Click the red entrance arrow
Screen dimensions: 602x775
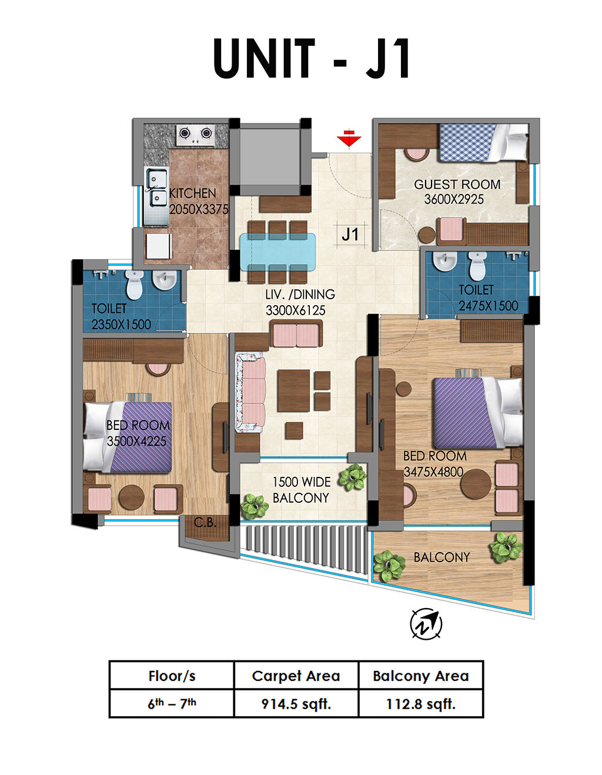click(349, 139)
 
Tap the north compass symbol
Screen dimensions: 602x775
click(426, 624)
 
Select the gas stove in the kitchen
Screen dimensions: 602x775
click(195, 135)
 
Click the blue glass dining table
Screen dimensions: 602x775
click(277, 252)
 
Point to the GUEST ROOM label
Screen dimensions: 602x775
click(457, 185)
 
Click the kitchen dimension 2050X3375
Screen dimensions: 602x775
click(199, 209)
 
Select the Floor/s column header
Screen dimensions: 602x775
click(172, 676)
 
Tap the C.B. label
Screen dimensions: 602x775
click(205, 523)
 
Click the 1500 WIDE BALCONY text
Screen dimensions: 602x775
click(302, 490)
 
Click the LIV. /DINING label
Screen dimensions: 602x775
click(300, 294)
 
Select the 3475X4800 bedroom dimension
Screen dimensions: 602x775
click(433, 472)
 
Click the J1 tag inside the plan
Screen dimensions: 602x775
click(350, 235)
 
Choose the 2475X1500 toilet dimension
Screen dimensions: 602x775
click(489, 306)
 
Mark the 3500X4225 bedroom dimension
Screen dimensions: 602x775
click(136, 442)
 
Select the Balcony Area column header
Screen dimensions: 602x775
click(421, 676)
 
